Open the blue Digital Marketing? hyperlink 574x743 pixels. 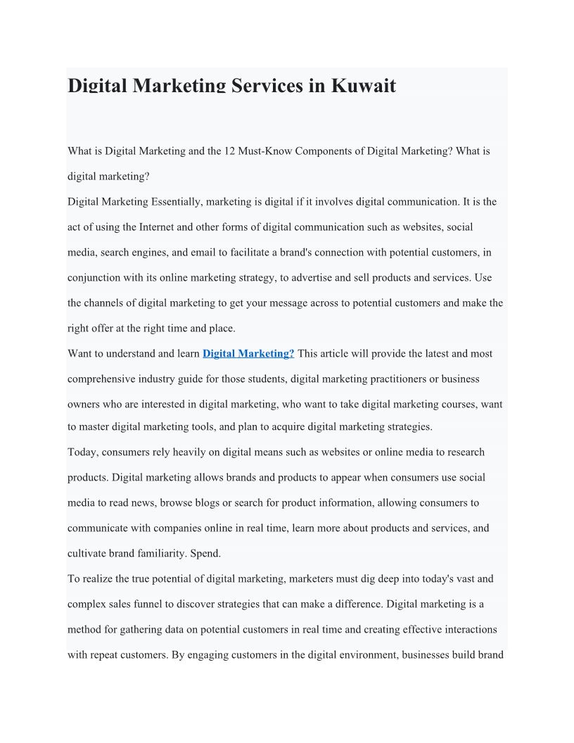pos(248,354)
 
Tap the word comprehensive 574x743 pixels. pos(101,379)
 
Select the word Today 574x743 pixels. pos(82,452)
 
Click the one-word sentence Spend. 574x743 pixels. pos(205,554)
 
